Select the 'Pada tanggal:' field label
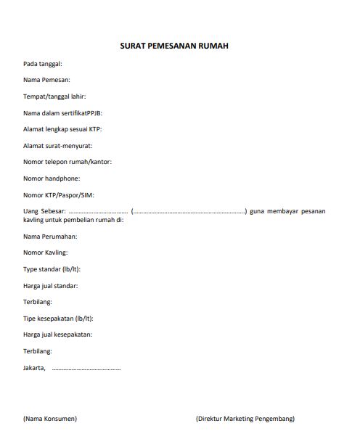pyautogui.click(x=43, y=64)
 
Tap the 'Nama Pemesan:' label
pyautogui.click(x=46, y=81)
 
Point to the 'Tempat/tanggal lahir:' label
pyautogui.click(x=55, y=97)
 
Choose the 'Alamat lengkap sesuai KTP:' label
pyautogui.click(x=62, y=129)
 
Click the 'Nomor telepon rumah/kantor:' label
pyautogui.click(x=67, y=162)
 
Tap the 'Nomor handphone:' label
pyautogui.click(x=52, y=179)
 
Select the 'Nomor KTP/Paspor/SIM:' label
pyautogui.click(x=59, y=195)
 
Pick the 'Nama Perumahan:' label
pyautogui.click(x=50, y=237)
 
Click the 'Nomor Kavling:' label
pyautogui.click(x=46, y=253)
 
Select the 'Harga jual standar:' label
pyautogui.click(x=51, y=286)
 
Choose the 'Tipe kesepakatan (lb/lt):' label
pyautogui.click(x=58, y=319)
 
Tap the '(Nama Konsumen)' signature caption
pyautogui.click(x=50, y=419)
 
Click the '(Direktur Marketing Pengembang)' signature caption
pyautogui.click(x=245, y=419)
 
